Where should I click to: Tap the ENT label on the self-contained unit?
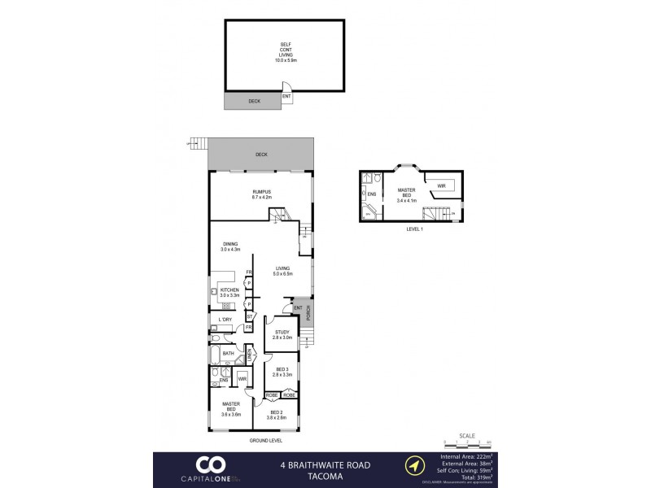[286, 97]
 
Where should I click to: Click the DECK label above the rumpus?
[260, 155]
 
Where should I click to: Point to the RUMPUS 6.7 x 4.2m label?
[260, 194]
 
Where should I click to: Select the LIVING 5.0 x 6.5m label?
[282, 271]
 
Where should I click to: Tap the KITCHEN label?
[229, 293]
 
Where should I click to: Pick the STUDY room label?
[282, 334]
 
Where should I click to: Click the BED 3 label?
[282, 371]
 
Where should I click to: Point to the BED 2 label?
[277, 415]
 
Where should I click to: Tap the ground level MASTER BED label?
[229, 407]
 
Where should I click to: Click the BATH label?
[229, 354]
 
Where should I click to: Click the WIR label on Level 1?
[442, 186]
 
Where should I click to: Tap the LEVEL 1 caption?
[415, 229]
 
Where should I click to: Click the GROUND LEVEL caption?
[265, 440]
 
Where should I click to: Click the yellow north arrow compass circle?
[417, 466]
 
